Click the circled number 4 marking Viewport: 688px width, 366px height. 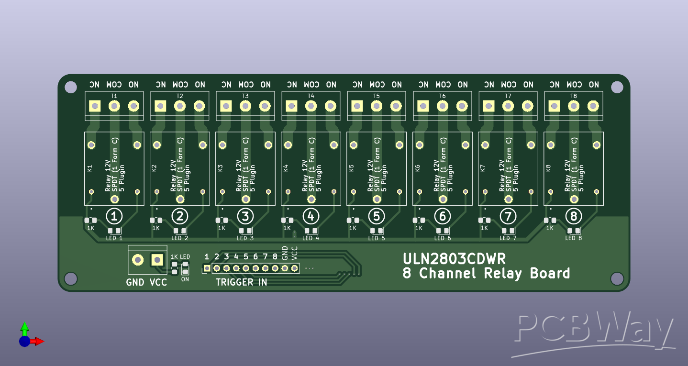click(311, 217)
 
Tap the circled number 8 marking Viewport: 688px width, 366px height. click(573, 217)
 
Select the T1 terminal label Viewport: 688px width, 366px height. click(114, 96)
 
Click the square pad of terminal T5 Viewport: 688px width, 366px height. click(357, 106)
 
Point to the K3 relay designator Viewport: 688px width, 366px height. click(220, 168)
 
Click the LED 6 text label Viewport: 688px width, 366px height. click(443, 238)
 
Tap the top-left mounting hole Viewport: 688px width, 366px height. click(71, 87)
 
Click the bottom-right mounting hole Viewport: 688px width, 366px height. click(617, 278)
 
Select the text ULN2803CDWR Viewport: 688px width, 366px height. click(454, 259)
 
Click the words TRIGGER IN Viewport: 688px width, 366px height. click(241, 282)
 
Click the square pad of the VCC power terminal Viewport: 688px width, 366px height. click(157, 260)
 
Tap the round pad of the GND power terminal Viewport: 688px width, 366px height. click(138, 260)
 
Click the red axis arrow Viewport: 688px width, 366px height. click(38, 341)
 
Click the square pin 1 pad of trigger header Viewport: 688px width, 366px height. click(207, 268)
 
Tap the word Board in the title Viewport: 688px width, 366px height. click(550, 274)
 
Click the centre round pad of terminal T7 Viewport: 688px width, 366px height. click(508, 106)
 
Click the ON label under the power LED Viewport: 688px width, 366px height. click(185, 279)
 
